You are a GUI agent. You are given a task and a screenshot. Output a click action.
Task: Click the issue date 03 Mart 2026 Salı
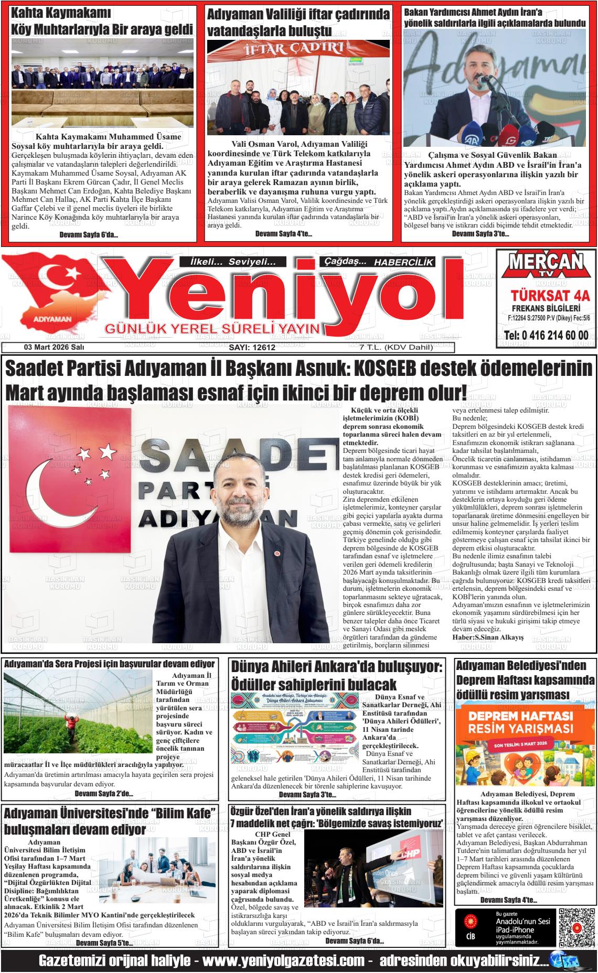[x=54, y=347]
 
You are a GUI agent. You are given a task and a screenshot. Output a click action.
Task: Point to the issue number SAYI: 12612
[x=252, y=347]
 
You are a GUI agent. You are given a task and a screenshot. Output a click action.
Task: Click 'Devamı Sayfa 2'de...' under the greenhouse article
[x=104, y=794]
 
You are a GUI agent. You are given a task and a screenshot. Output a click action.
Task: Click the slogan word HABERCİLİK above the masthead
[x=404, y=262]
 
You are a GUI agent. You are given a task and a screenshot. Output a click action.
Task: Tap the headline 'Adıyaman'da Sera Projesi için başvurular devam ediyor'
[x=110, y=664]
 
